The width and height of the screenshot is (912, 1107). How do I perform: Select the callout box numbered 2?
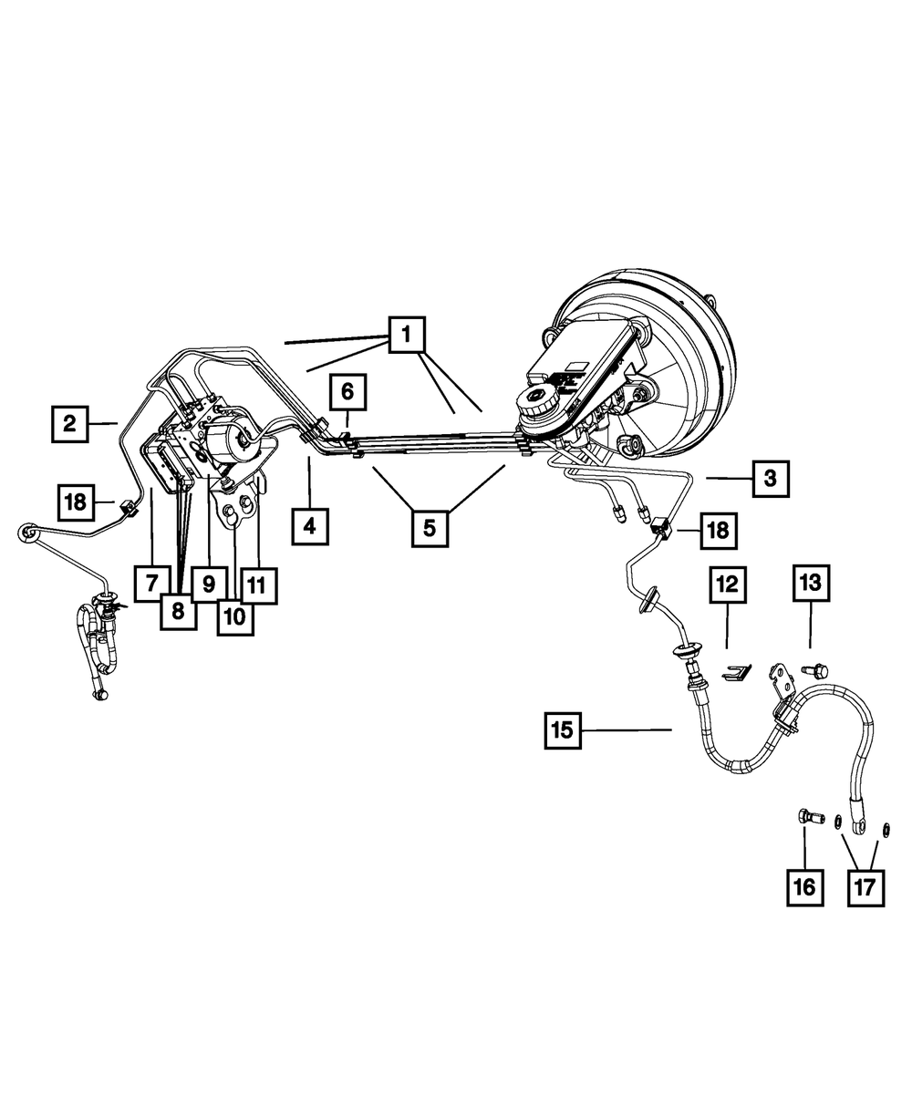pos(71,423)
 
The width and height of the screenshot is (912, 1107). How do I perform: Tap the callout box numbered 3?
pos(772,477)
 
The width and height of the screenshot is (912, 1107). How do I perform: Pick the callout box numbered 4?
pos(310,527)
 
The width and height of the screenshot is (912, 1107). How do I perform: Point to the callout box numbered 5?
pos(430,527)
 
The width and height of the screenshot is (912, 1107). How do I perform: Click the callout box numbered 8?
pos(179,610)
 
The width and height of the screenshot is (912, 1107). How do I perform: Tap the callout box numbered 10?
pos(234,616)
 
